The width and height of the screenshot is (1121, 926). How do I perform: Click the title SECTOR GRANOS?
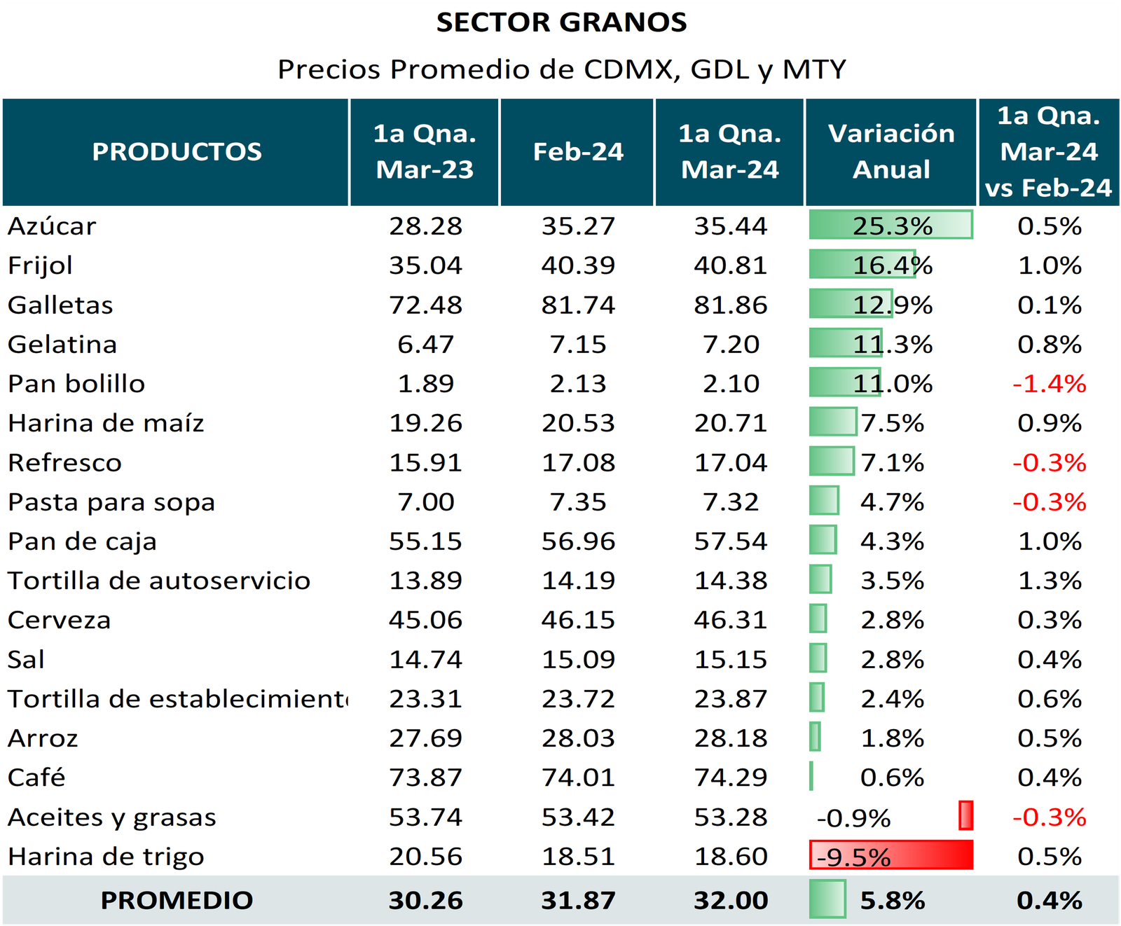coord(561,22)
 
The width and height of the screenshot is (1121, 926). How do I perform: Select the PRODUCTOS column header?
coord(177,151)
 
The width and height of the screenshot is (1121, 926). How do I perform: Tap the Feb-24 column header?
coord(578,151)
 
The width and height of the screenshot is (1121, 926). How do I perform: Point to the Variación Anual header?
coord(891,151)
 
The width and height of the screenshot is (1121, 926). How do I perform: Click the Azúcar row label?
coord(52,226)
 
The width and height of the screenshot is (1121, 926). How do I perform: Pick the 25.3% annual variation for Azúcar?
coord(892,226)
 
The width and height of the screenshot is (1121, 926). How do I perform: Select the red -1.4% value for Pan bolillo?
coord(1049,384)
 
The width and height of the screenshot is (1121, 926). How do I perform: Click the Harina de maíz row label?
coord(106,423)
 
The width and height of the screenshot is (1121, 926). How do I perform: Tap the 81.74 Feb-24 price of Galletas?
coord(578,305)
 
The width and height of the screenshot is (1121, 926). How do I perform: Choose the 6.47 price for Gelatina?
coord(425,345)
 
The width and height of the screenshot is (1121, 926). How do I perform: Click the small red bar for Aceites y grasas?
coord(966,816)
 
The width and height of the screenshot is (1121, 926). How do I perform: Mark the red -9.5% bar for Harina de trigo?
coord(891,855)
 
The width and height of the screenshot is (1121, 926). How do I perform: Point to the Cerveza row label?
coord(59,620)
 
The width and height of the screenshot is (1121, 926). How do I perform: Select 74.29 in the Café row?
coord(731,778)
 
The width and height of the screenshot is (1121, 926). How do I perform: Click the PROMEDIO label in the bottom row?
coord(177,900)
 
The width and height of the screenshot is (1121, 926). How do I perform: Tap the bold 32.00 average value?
coord(731,900)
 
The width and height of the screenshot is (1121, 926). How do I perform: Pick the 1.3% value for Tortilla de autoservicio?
coord(1050,581)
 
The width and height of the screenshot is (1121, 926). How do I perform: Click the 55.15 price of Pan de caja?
coord(425,541)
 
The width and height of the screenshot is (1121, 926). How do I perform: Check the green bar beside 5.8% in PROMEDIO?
coord(827,899)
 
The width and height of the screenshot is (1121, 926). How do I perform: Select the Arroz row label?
coord(43,738)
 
